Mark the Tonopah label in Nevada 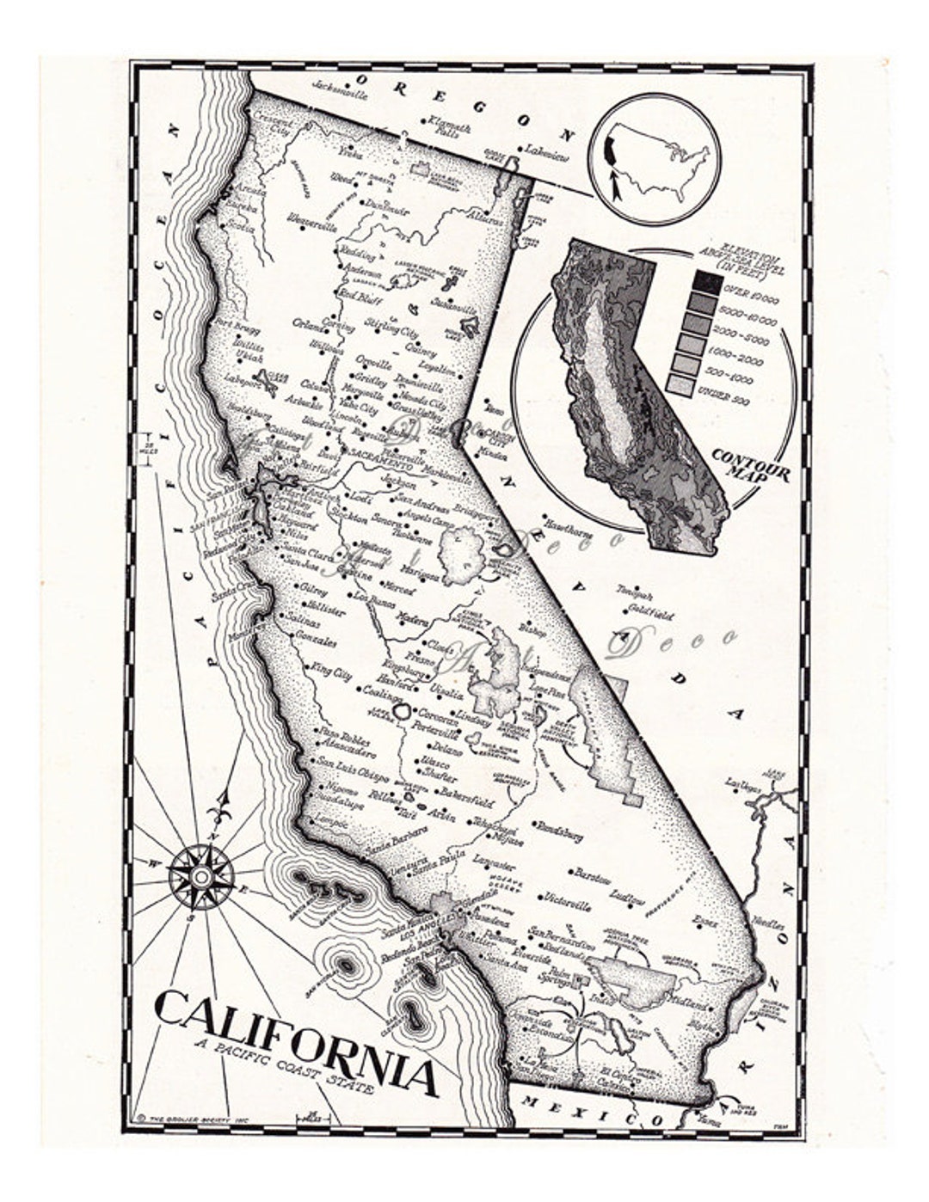(x=635, y=596)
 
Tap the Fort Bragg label (x=238, y=325)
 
